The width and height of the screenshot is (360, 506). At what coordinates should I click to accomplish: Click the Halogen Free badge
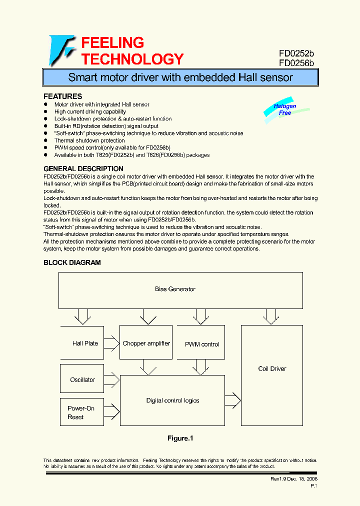tap(285, 109)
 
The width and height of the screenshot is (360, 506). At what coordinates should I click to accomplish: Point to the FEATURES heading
tap(63, 96)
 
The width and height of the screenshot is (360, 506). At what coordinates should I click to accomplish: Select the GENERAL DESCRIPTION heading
tap(83, 168)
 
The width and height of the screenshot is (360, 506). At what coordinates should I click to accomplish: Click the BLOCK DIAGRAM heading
tap(72, 262)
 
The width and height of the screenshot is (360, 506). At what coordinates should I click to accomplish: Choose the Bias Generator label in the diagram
tap(175, 289)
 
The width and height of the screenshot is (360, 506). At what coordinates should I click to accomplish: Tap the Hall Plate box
tap(82, 343)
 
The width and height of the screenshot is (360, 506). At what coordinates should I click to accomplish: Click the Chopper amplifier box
tap(146, 343)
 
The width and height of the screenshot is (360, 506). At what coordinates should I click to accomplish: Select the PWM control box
tap(202, 344)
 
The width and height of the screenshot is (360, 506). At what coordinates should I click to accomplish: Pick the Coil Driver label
tap(272, 369)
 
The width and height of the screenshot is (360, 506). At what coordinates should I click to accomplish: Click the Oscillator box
tap(82, 379)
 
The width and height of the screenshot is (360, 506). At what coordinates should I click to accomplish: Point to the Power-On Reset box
tap(81, 412)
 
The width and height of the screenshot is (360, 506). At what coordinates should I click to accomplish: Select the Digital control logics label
tap(172, 400)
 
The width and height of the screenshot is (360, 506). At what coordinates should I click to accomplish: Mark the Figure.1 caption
tap(180, 438)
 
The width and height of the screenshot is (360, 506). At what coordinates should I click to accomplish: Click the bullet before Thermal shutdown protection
tap(46, 141)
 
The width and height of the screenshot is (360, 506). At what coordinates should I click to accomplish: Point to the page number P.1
tap(313, 486)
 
